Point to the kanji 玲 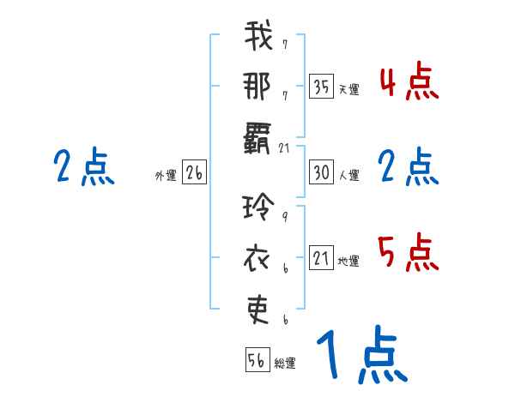[x=258, y=209]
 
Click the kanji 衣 [x=258, y=256]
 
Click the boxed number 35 [x=321, y=86]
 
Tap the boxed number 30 [x=321, y=173]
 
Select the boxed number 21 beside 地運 [x=321, y=257]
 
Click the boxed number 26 [x=194, y=173]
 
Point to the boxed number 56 [x=257, y=360]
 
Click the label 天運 [x=348, y=89]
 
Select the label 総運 [x=285, y=364]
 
